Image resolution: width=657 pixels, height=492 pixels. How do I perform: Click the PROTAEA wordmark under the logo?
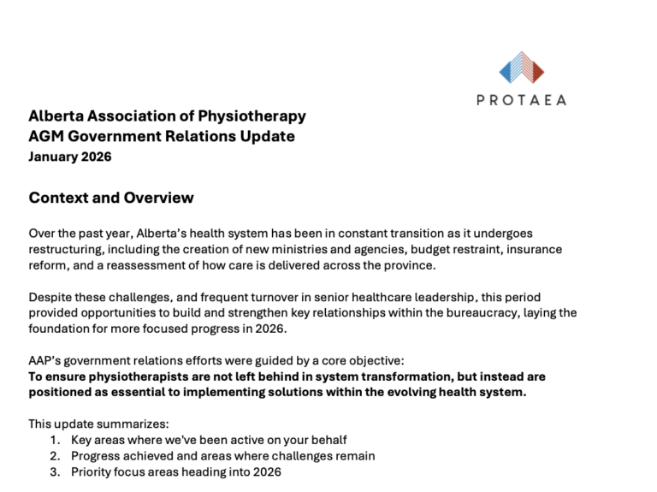click(x=522, y=99)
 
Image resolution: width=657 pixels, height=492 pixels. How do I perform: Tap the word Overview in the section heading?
click(x=158, y=199)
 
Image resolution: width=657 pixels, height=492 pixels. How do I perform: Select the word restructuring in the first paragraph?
click(x=67, y=249)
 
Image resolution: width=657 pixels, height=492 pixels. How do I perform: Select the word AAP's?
click(x=45, y=360)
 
